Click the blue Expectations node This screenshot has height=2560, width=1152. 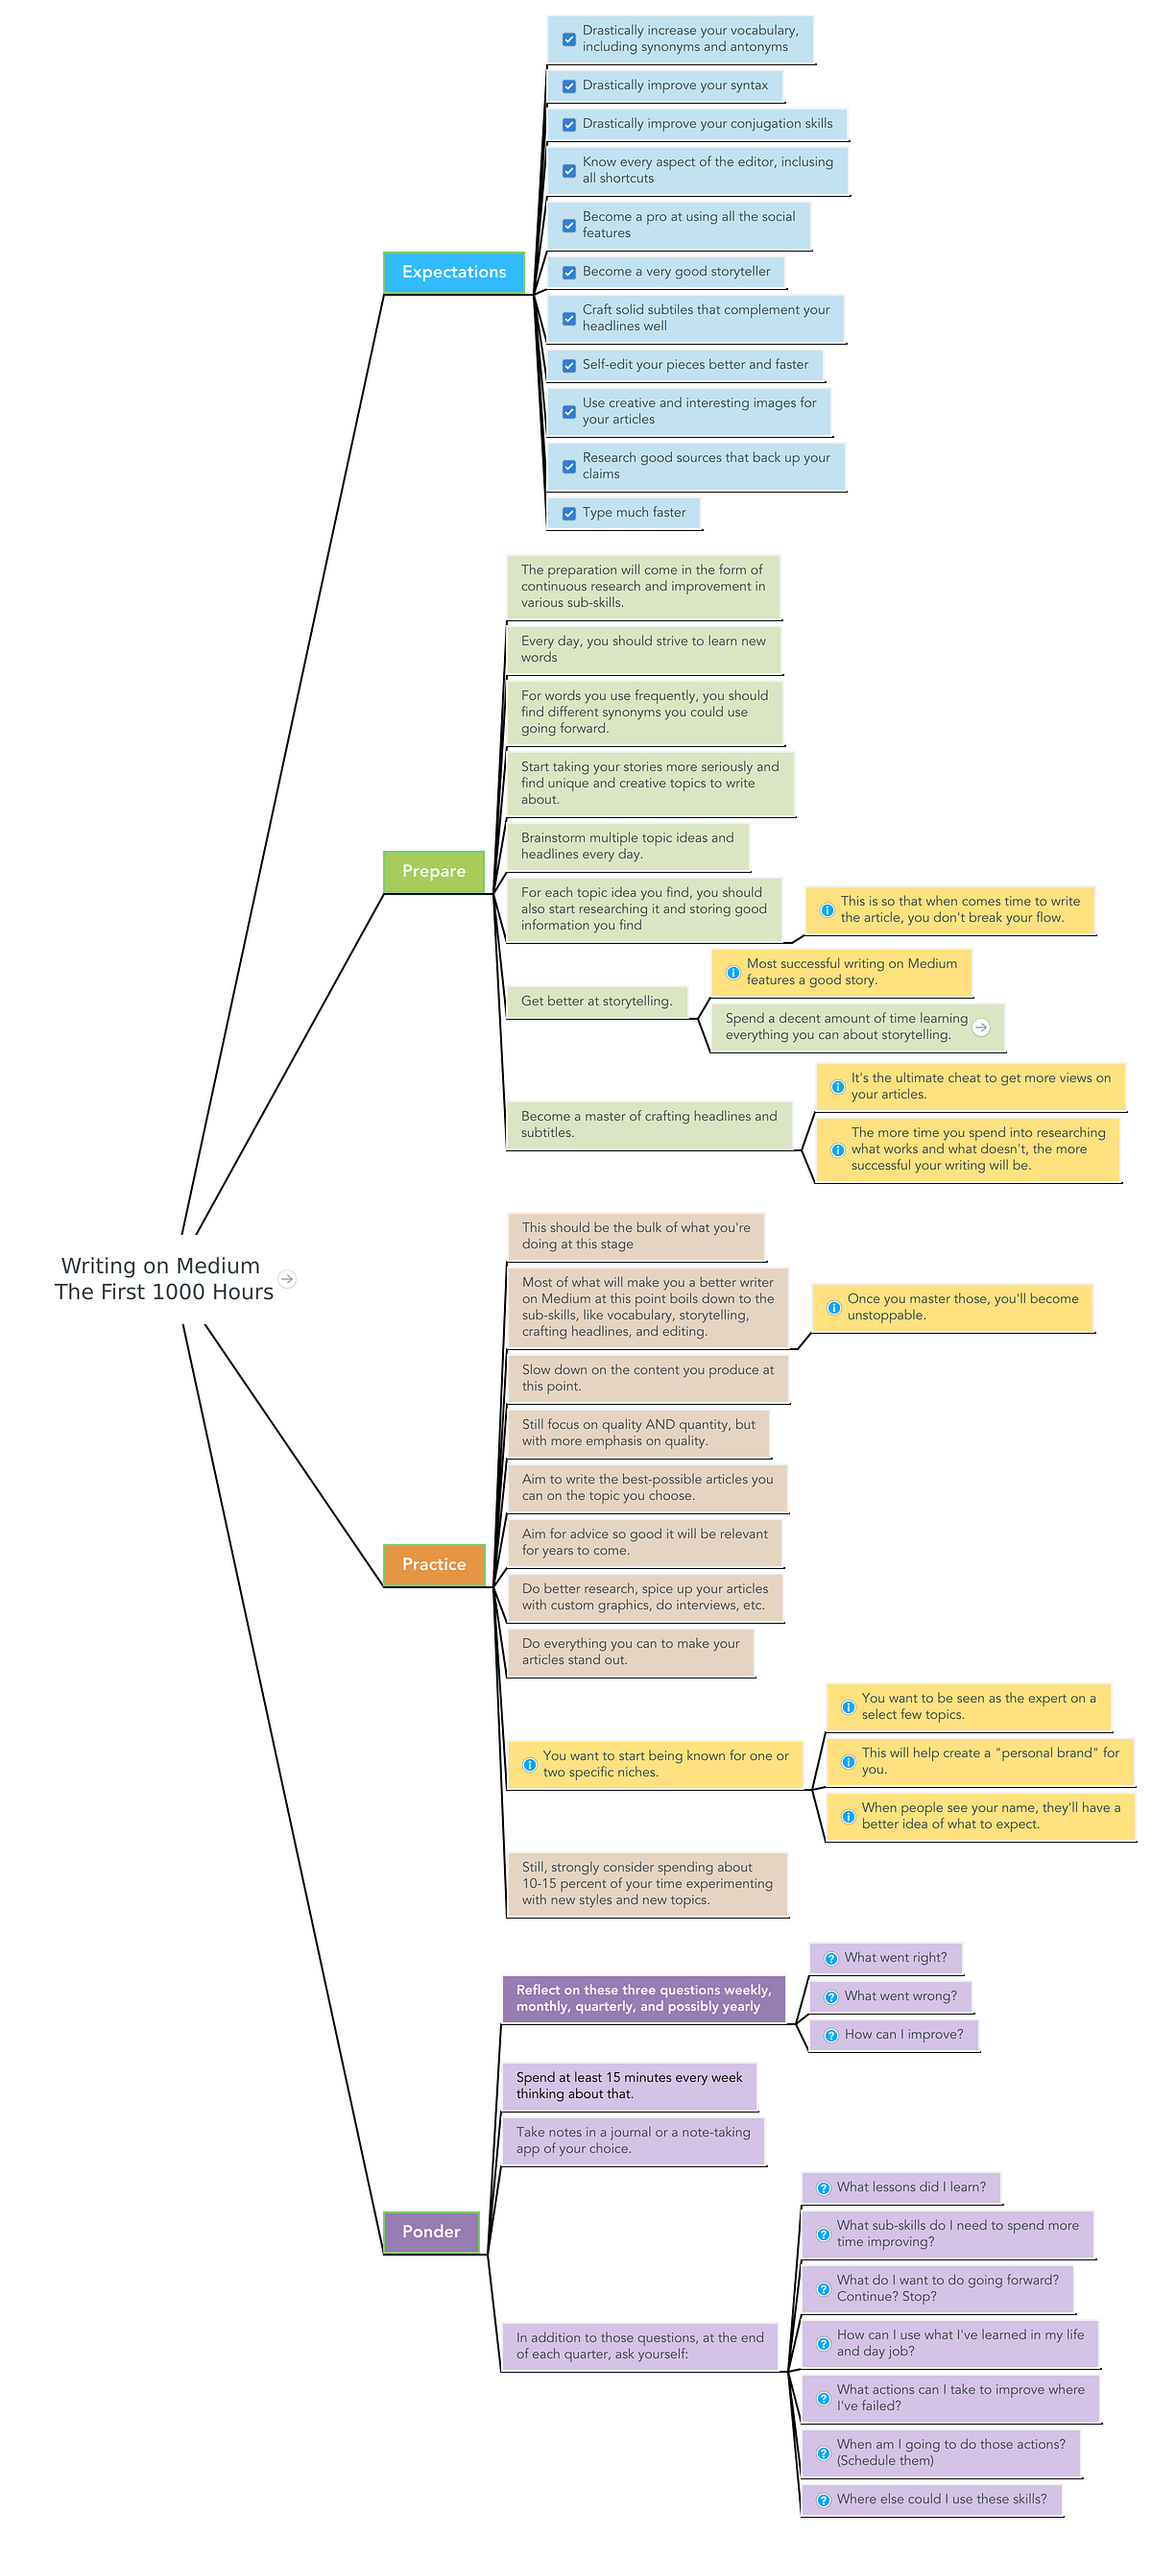click(x=453, y=273)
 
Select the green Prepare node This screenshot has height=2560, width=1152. click(x=433, y=872)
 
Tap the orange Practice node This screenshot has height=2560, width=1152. click(x=433, y=1564)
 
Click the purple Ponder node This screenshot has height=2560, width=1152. click(x=431, y=2231)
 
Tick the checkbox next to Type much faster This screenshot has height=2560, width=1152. click(x=569, y=514)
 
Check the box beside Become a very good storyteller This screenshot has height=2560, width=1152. click(x=569, y=273)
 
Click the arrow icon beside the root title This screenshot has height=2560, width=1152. click(x=287, y=1279)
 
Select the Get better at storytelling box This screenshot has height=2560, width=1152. click(x=596, y=1001)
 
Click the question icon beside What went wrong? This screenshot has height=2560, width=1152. click(x=831, y=1996)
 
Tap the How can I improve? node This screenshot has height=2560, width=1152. click(x=902, y=2035)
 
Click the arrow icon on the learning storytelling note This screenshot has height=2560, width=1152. click(x=981, y=1027)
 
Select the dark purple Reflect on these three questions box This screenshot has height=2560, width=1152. click(x=643, y=1997)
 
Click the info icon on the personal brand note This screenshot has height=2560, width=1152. click(x=848, y=1761)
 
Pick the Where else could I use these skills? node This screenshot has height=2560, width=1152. click(x=940, y=2499)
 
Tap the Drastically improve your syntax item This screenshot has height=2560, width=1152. click(x=674, y=85)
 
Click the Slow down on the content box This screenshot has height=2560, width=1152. click(x=647, y=1377)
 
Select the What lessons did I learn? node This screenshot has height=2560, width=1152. click(x=910, y=2186)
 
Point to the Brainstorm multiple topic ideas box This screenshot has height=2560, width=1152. click(x=627, y=846)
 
